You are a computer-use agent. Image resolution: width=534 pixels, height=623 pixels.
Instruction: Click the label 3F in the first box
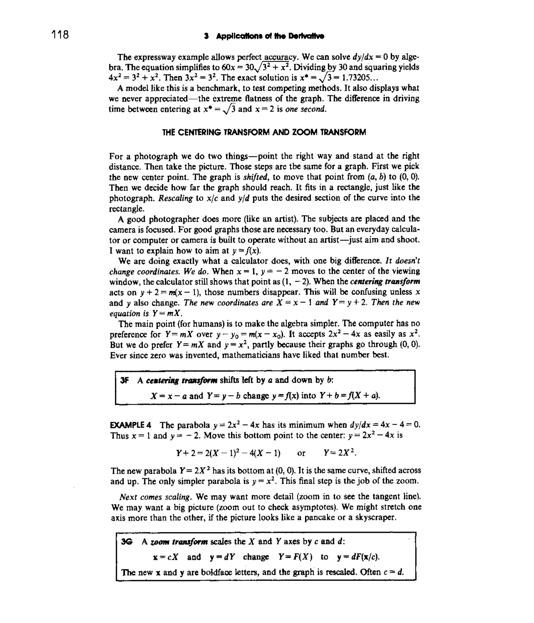point(124,380)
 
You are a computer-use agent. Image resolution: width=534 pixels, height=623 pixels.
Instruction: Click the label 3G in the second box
point(126,541)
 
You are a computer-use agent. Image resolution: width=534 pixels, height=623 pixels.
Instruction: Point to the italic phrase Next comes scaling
point(155,496)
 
